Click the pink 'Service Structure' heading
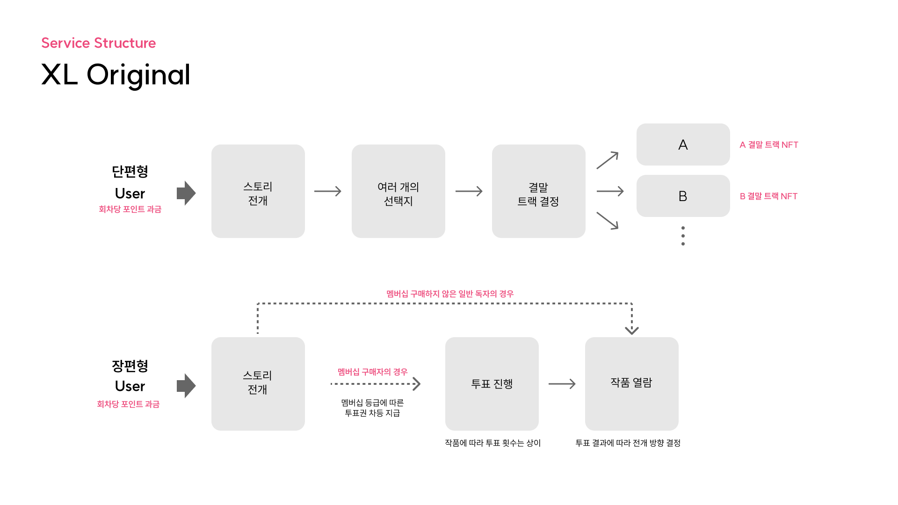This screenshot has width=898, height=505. coord(98,43)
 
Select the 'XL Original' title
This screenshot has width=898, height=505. coord(116,75)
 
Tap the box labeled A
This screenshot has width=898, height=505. coord(683,144)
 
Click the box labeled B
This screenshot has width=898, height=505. coord(683,196)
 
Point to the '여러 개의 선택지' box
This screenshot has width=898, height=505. coord(398,191)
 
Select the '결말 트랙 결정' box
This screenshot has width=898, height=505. coord(539,191)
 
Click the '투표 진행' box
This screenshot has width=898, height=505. coord(492,384)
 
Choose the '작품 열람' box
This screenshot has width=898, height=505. coord(632,384)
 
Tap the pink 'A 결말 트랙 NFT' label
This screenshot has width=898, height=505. coord(769,145)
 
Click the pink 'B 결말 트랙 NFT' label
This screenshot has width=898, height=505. coord(768,196)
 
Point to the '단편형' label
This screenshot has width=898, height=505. coord(130,172)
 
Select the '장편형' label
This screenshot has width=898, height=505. coord(130,366)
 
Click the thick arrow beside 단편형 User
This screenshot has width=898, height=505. coord(186,193)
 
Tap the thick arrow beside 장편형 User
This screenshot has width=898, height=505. coord(186,386)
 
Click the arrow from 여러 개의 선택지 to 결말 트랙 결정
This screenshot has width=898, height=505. coord(469,191)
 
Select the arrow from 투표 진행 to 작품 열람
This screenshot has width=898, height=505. coord(562,384)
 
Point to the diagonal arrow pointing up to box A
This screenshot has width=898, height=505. coord(608,160)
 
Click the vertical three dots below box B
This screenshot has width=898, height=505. coord(683,236)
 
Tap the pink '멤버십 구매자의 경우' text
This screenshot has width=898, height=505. coord(373,372)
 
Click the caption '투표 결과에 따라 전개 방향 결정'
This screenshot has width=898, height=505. coord(628,443)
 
